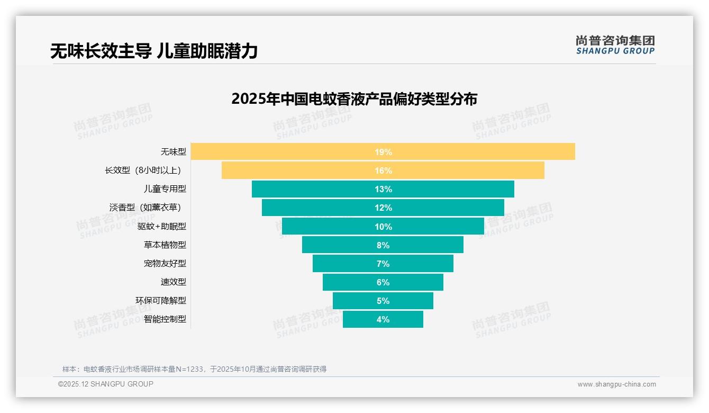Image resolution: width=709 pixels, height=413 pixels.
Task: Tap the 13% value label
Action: coord(383,190)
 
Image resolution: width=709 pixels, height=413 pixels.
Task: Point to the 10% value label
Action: coord(383,227)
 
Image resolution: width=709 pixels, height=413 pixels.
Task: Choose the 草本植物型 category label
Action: coord(165,245)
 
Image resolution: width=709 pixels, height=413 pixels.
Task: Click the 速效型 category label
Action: coord(174,282)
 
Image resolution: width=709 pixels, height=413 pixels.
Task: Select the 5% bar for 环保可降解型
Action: coord(360,301)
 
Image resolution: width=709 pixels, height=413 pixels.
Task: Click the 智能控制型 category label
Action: coord(165,320)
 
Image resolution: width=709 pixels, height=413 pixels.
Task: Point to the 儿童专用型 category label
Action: coord(165,189)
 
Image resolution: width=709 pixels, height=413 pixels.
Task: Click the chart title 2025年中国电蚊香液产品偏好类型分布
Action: coord(354,99)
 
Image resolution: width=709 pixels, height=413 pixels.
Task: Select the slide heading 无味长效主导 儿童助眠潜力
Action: coord(153,51)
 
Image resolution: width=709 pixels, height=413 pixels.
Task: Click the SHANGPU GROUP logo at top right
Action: coord(615,45)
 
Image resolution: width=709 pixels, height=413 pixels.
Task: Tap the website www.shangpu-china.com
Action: coord(616,384)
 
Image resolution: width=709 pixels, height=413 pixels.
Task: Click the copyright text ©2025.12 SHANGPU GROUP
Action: coord(106,384)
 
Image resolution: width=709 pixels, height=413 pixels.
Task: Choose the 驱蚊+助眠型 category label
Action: coord(162,227)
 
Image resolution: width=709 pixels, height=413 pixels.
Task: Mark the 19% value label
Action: coord(383,152)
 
